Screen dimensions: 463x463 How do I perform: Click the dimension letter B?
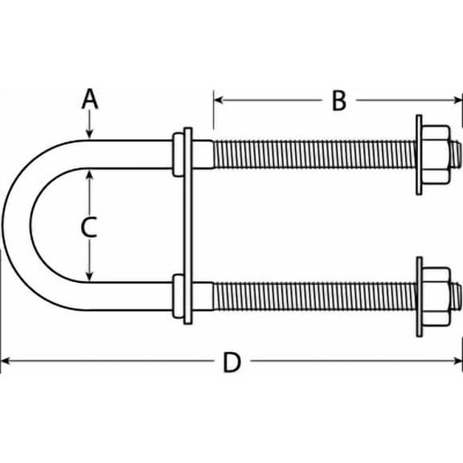[338, 100]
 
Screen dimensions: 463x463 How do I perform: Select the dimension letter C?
[90, 227]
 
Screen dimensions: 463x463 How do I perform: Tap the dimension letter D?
[231, 363]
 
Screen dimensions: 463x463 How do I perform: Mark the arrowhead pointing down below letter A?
[90, 133]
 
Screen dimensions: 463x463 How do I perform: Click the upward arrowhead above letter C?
[90, 174]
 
